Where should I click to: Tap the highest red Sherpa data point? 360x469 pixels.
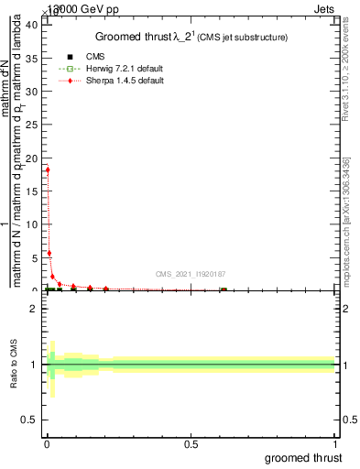[48, 169]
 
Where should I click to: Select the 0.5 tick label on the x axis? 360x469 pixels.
[191, 444]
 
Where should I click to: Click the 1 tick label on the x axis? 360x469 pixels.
[335, 444]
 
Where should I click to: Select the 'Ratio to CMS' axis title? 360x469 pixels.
[15, 364]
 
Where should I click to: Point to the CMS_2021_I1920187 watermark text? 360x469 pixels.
[189, 273]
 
